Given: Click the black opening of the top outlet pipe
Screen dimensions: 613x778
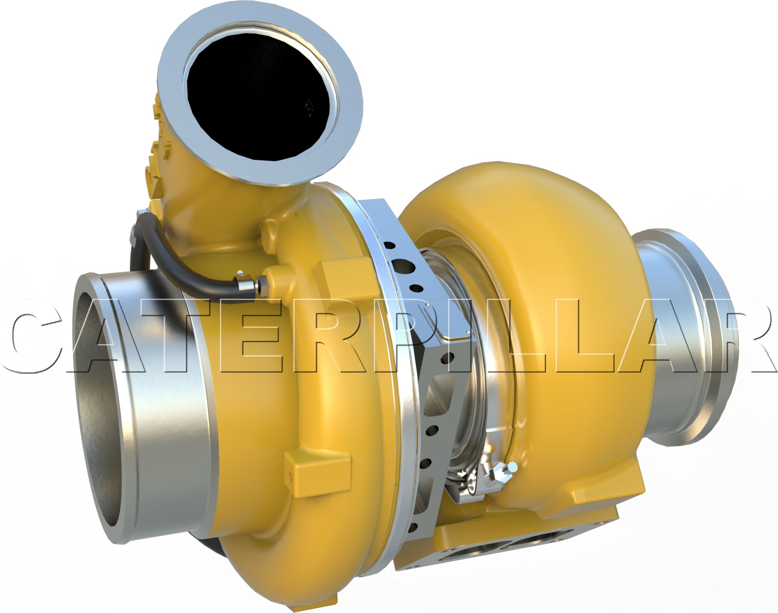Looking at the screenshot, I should coord(258,97).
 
